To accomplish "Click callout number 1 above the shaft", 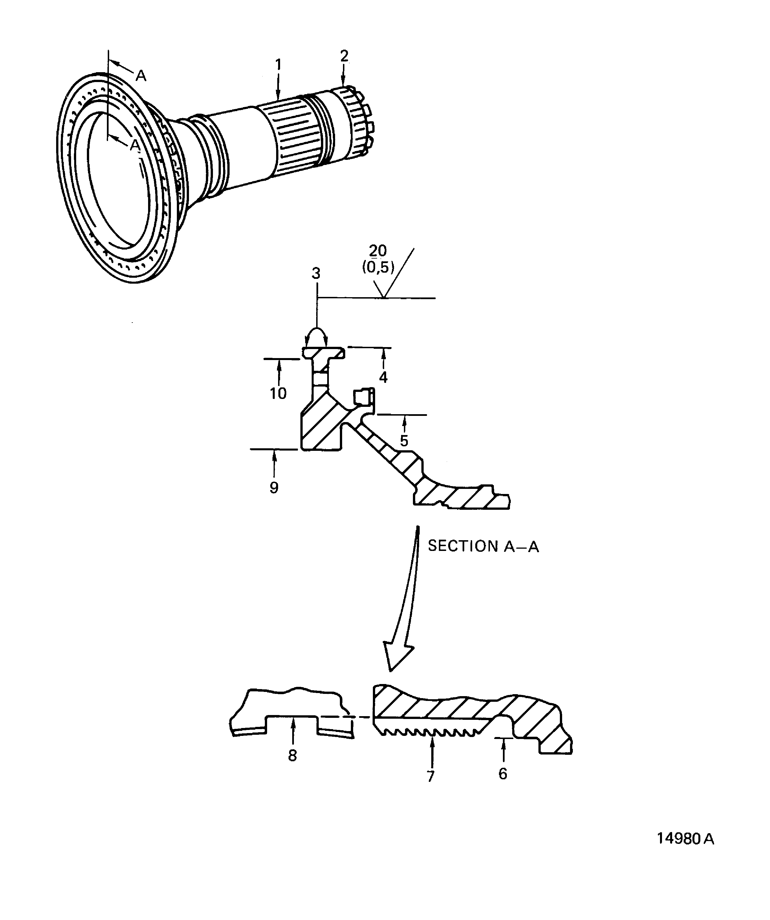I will pos(278,65).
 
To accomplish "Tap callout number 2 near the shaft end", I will pos(344,56).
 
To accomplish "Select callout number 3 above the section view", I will pos(316,273).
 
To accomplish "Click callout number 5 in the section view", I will pos(404,440).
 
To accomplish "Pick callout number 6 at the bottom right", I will pos(503,774).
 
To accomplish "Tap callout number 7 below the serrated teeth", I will pos(431,776).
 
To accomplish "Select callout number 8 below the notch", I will pos(292,755).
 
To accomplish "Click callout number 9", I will pos(274,487).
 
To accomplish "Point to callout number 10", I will pos(278,393).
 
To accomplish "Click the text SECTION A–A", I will pos(483,546).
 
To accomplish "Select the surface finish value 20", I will pos(378,251).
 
